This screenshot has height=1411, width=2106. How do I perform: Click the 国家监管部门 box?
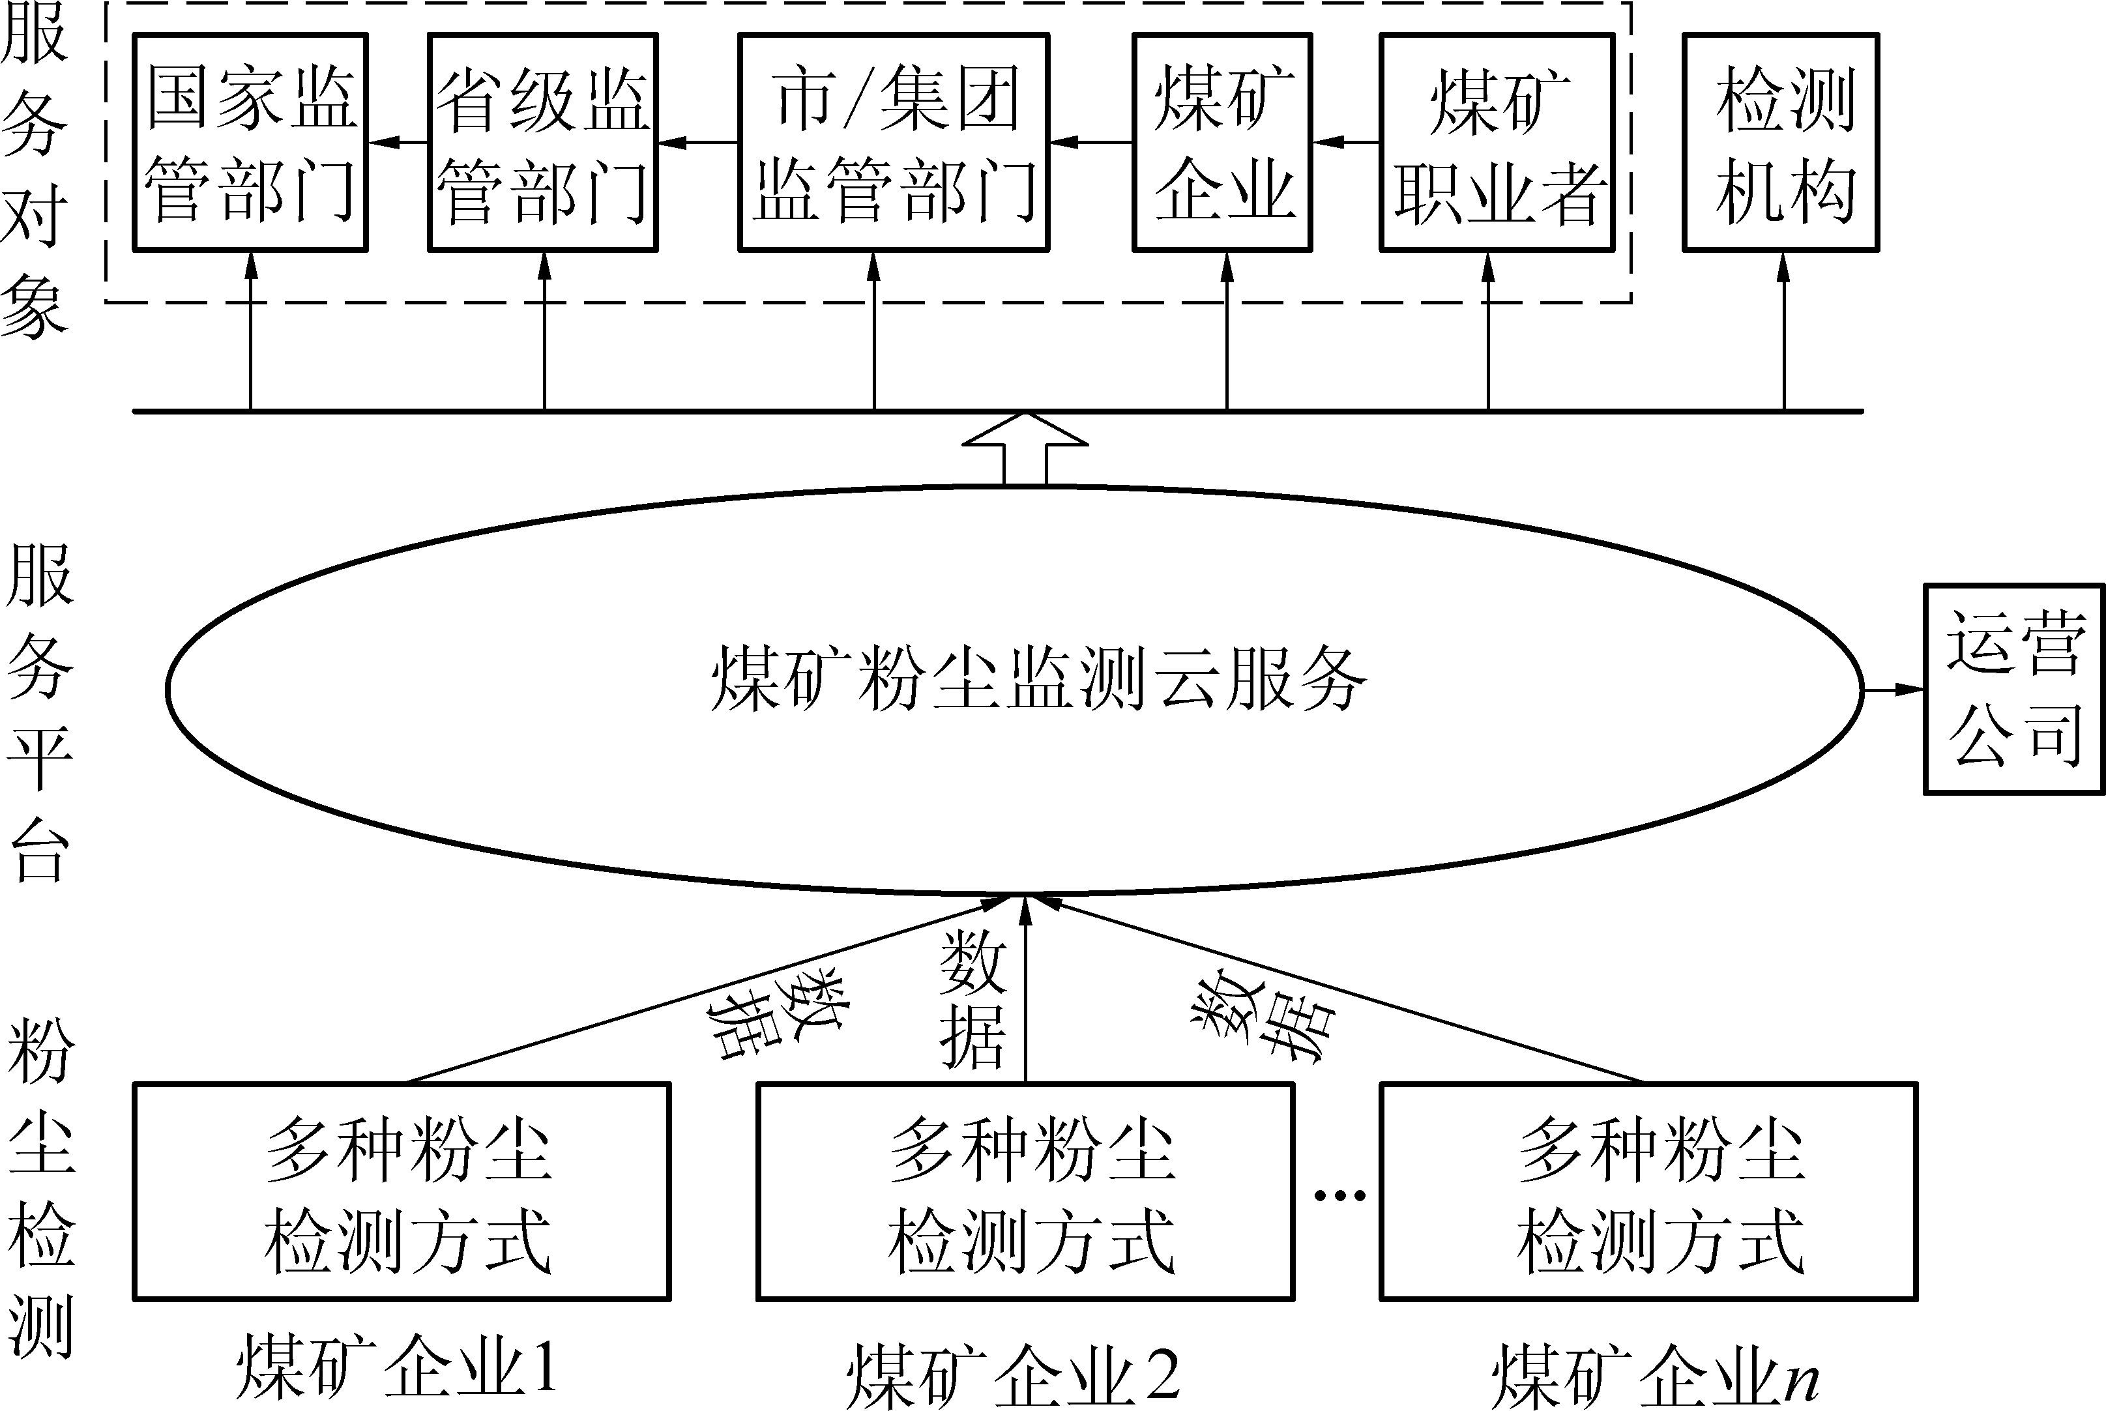(x=250, y=142)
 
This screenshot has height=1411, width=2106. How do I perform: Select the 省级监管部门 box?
(x=543, y=142)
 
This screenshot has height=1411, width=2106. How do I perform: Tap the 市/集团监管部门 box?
(x=894, y=142)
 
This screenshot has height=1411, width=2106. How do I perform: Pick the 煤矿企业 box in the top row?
(x=1222, y=142)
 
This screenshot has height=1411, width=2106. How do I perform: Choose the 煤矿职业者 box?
(x=1497, y=142)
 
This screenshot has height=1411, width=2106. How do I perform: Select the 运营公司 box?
(x=2014, y=690)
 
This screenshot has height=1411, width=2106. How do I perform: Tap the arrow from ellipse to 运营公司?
(x=1894, y=690)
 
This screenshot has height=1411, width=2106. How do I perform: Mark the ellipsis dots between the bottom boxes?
(x=1339, y=1195)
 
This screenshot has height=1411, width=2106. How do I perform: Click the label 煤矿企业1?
(x=397, y=1366)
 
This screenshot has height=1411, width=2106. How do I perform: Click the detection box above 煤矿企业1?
(x=402, y=1191)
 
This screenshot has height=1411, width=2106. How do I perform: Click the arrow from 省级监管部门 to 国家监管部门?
(x=397, y=142)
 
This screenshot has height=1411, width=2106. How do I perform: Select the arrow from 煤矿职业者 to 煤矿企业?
(x=1345, y=142)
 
